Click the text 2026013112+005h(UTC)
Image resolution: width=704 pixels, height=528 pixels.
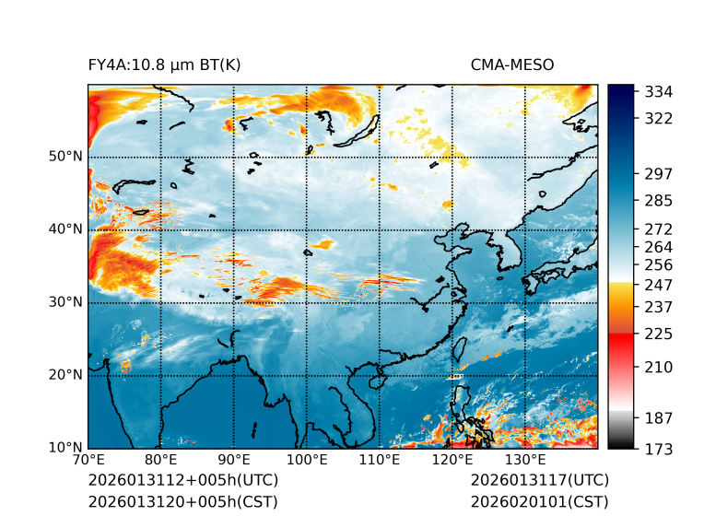click(x=182, y=481)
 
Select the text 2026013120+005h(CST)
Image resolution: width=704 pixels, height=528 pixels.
click(x=182, y=502)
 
